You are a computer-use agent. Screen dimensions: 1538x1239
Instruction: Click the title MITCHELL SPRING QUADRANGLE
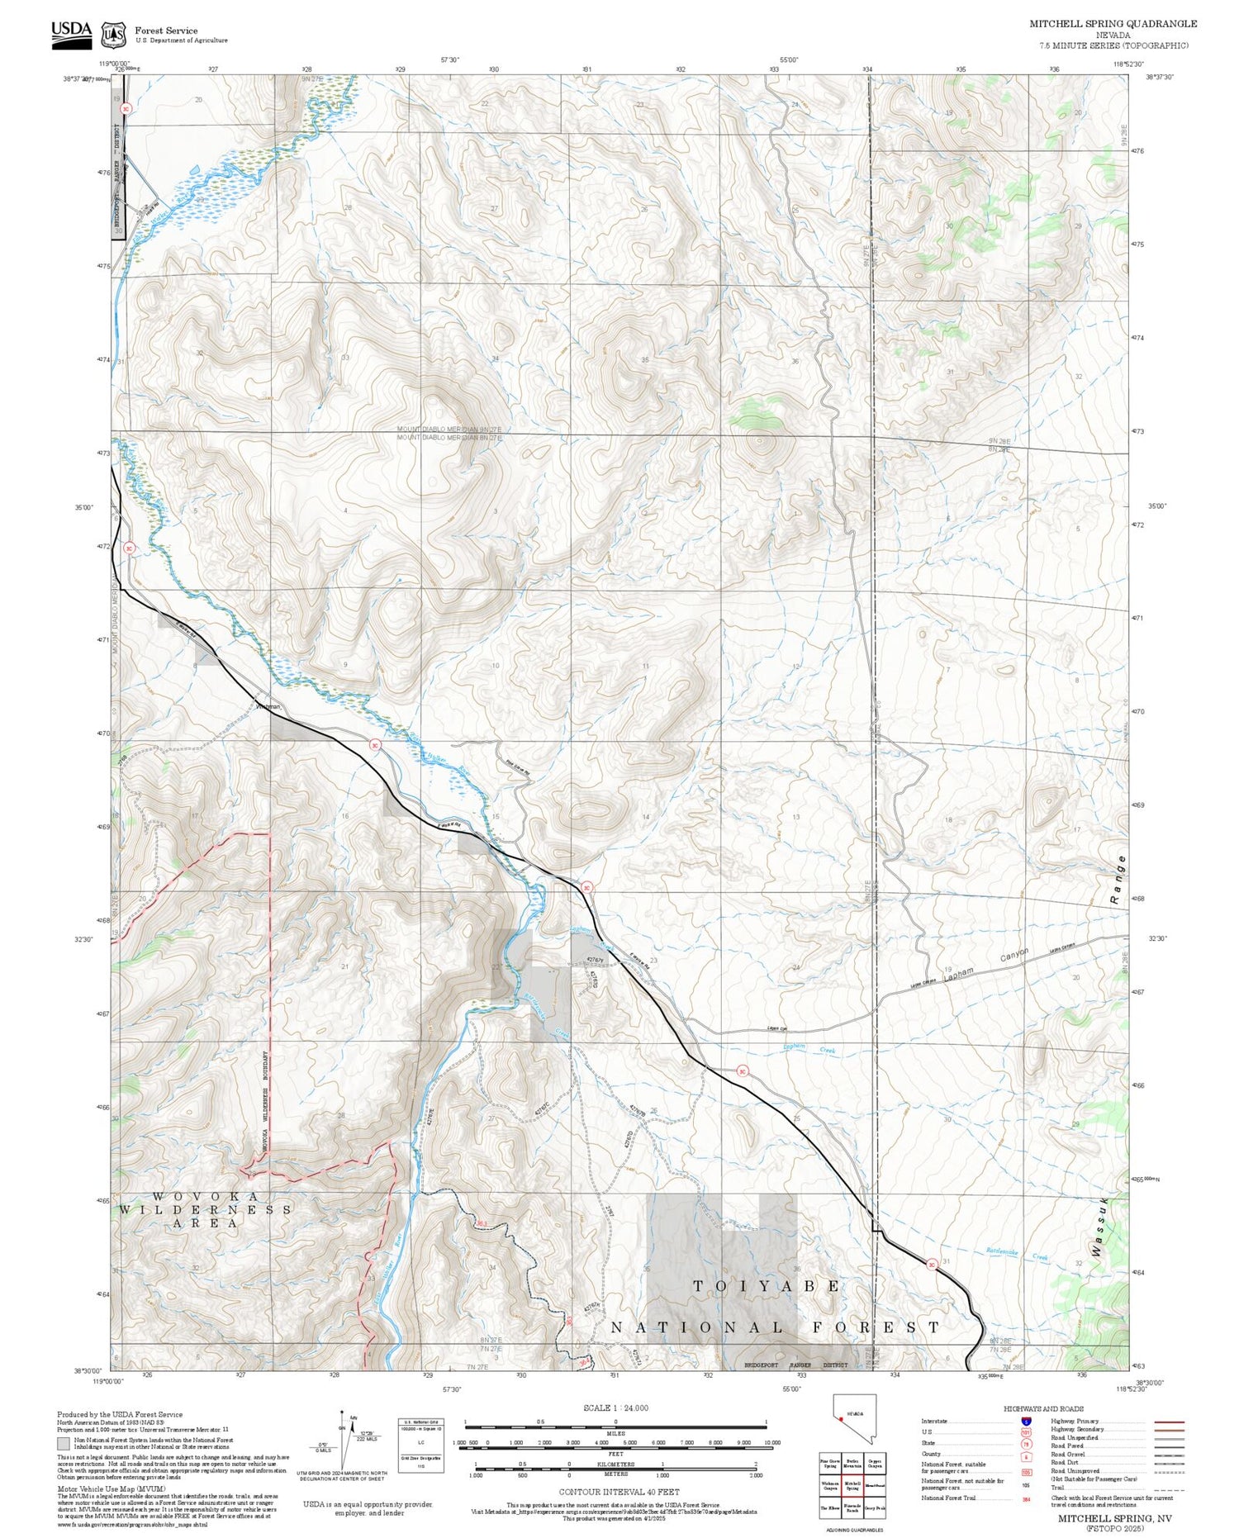coord(1113,24)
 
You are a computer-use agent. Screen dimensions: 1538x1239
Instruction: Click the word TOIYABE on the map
coord(766,1286)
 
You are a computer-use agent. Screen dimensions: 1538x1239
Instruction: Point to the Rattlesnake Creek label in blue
coord(1016,1254)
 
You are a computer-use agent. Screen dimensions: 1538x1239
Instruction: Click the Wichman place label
coord(268,706)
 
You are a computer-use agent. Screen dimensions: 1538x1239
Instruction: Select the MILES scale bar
coord(615,1423)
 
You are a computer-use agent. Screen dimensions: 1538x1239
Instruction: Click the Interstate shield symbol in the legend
coord(1026,1422)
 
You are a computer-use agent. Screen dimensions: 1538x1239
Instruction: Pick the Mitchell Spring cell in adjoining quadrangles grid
coord(852,1484)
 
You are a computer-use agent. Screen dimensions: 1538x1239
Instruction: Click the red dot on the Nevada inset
coord(840,1419)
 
